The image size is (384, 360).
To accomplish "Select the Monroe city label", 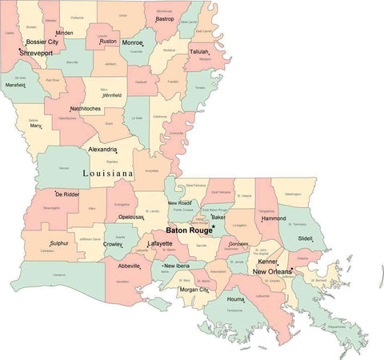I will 132,42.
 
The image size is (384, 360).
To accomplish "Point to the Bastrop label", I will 164,18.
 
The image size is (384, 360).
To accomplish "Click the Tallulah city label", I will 198,50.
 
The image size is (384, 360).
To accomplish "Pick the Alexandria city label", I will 102,150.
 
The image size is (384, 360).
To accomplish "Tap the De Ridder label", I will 66,194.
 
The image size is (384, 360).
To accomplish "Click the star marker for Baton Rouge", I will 214,226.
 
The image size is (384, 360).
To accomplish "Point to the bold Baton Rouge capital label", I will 188,230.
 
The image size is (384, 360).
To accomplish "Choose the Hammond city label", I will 274,218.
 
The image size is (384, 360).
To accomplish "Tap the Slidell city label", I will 305,238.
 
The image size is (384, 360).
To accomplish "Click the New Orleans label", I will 272,272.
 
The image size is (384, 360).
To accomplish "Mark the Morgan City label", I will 193,289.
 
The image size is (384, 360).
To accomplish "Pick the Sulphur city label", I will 59,242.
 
